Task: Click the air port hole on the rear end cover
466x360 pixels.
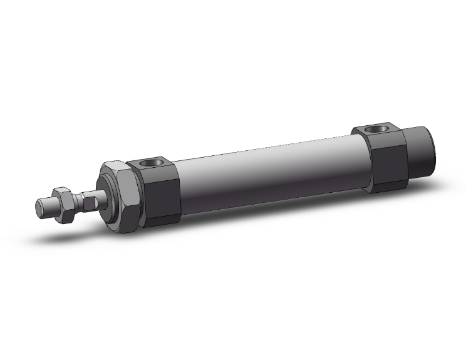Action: point(376,130)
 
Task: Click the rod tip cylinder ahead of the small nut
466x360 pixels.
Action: point(46,207)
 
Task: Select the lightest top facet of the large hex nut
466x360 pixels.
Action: point(115,165)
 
